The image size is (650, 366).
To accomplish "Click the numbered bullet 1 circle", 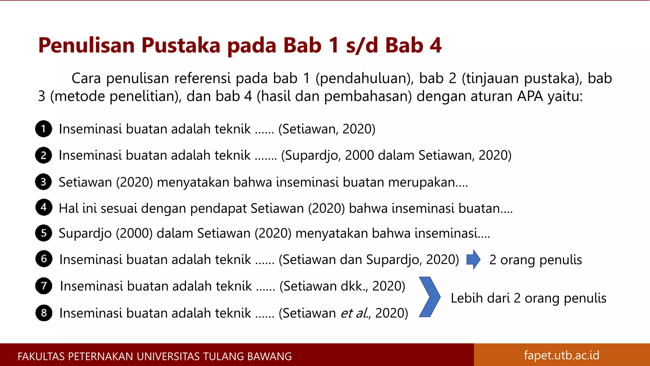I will [x=43, y=129].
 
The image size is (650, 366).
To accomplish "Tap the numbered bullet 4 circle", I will [x=43, y=207].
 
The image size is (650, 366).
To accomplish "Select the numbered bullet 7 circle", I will [x=43, y=286].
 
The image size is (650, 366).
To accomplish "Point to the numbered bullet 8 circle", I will [x=43, y=313].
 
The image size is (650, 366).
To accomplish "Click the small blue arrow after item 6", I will [x=473, y=259].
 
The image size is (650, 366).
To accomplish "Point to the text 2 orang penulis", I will [x=535, y=260].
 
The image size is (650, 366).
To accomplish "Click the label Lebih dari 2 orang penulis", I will [x=528, y=298].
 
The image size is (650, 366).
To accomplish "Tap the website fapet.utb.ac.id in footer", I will [x=561, y=355].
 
